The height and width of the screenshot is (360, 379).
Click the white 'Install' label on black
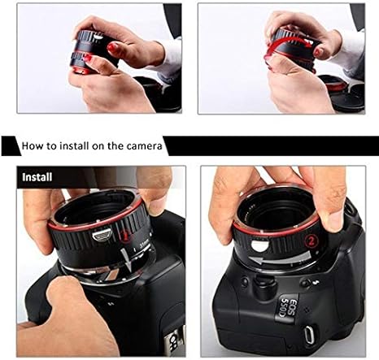[x=37, y=176]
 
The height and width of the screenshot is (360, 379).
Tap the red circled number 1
[x=125, y=236]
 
